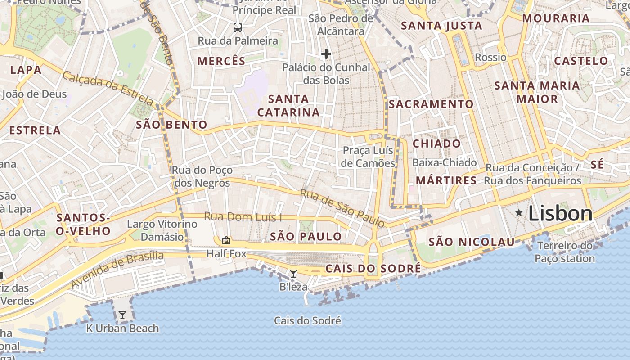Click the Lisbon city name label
tap(560, 213)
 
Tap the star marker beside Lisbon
tap(519, 212)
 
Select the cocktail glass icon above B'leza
tap(293, 273)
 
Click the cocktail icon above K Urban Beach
tap(122, 315)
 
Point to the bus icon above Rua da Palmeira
tap(238, 27)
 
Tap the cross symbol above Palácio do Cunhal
tap(326, 54)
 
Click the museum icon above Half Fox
tap(226, 241)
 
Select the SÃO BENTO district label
tap(172, 125)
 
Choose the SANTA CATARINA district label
tap(288, 105)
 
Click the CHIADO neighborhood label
tap(436, 144)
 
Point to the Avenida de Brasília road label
tap(117, 270)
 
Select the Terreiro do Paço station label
tap(565, 252)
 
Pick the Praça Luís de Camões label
tap(368, 157)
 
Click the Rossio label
tap(490, 57)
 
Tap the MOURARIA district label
tap(556, 18)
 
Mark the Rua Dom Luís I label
tap(243, 217)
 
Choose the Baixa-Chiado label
tap(444, 162)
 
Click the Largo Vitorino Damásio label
tap(162, 230)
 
